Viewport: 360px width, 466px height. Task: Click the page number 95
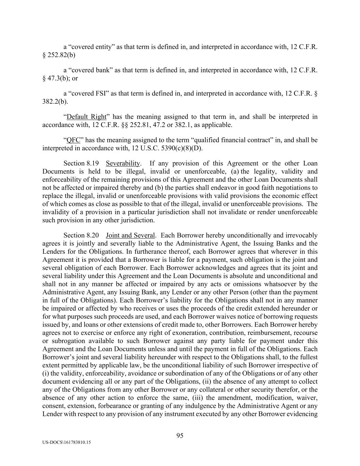click(x=180, y=435)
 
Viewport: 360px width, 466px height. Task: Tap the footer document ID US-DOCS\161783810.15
click(x=67, y=442)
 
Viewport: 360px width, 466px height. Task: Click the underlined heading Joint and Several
click(x=131, y=235)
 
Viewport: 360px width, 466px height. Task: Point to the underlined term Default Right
click(x=87, y=117)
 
